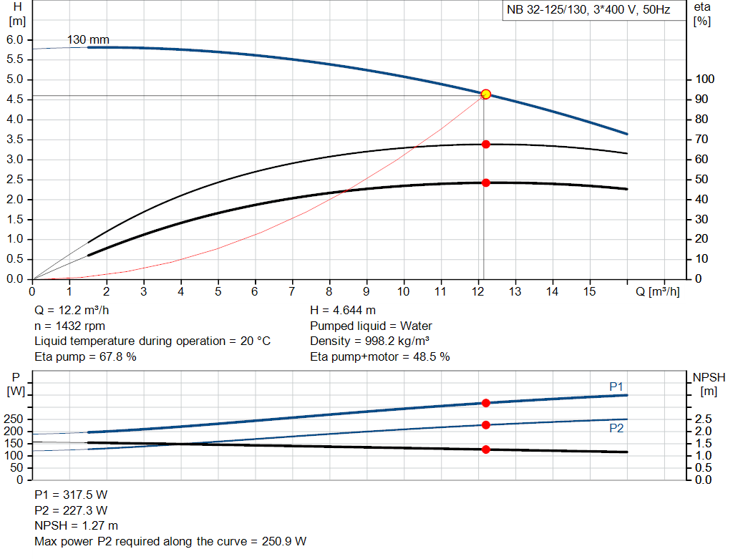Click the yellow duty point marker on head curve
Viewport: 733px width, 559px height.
click(486, 94)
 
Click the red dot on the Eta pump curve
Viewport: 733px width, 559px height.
click(486, 144)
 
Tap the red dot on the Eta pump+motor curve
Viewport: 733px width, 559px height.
click(486, 183)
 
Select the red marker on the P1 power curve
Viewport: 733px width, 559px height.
click(486, 403)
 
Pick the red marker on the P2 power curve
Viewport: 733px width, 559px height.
click(486, 424)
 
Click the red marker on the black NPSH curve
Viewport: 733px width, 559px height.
click(486, 449)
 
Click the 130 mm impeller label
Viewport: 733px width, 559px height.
click(89, 39)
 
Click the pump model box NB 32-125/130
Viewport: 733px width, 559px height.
click(588, 11)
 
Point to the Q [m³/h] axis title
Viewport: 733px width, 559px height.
click(657, 291)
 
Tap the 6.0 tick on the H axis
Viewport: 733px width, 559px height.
click(15, 39)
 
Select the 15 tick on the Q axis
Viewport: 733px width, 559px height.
click(590, 291)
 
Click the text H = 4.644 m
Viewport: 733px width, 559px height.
click(343, 310)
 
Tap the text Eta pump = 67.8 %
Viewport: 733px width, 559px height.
click(85, 356)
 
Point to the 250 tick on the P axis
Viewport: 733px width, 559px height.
click(14, 419)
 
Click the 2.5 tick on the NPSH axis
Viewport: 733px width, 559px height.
click(704, 419)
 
